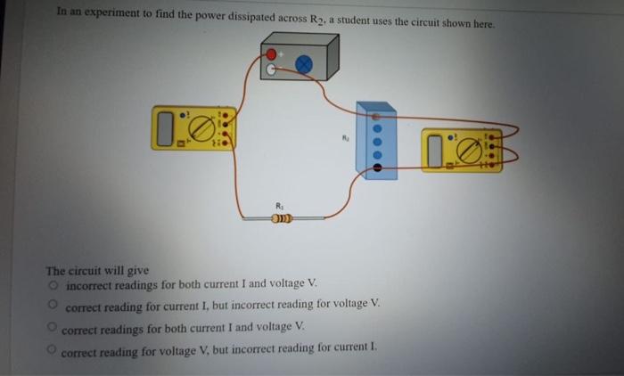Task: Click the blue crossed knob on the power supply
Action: point(304,63)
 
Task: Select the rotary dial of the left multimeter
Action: point(203,128)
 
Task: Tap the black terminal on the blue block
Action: point(376,166)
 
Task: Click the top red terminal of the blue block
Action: point(376,116)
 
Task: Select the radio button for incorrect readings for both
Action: point(54,285)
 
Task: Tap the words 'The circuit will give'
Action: point(97,270)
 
